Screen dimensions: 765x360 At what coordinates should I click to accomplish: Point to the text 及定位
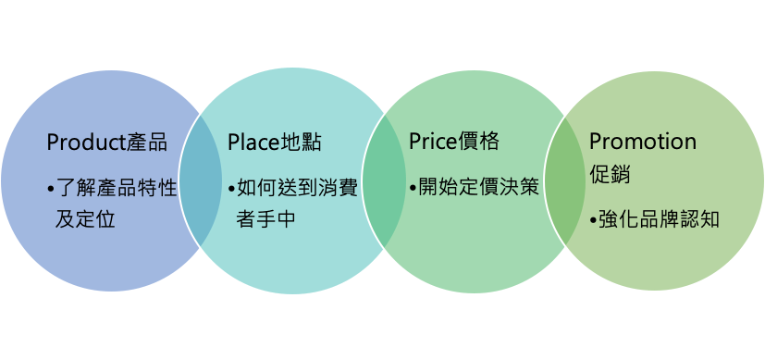[85, 220]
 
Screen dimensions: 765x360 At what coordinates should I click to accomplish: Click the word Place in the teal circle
[252, 143]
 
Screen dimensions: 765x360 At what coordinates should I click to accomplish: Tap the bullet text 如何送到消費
[298, 189]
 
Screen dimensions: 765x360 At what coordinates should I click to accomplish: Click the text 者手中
[266, 220]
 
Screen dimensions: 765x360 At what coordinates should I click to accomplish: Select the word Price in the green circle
[432, 143]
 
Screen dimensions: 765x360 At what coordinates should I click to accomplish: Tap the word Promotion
[643, 142]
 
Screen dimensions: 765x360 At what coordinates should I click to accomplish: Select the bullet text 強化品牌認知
[660, 220]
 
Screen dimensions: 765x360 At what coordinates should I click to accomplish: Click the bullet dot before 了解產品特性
[51, 190]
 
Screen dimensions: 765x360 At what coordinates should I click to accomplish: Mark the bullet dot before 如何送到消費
[232, 190]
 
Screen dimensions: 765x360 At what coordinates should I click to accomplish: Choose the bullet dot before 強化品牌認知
[594, 221]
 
